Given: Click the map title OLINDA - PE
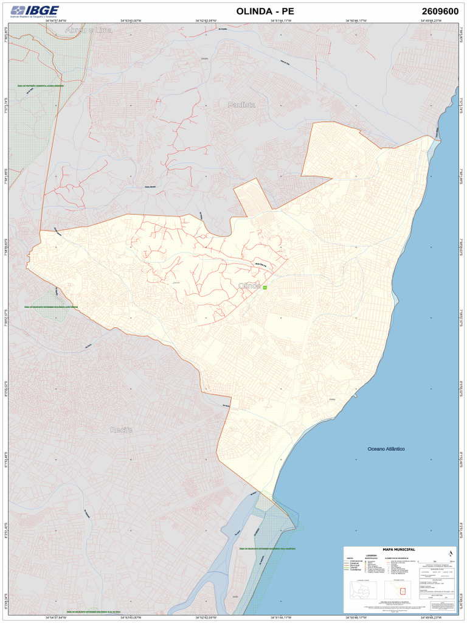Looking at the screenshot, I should point(265,11).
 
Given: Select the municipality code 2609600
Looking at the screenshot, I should point(440,11).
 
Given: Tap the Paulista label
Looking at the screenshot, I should point(242,105).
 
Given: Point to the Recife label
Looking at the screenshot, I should point(122,430).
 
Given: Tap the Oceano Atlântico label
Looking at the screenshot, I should point(386,449).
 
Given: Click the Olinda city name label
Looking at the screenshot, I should point(249,285).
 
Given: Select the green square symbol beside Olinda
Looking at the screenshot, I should point(265,287).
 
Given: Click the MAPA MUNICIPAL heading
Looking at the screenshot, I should point(398,549).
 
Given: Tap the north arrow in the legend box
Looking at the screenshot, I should point(450,553).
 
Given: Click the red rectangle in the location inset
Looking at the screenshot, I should point(402,591).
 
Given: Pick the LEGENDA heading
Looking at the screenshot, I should point(371,555).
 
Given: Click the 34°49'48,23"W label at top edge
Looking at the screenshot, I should point(431,21).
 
